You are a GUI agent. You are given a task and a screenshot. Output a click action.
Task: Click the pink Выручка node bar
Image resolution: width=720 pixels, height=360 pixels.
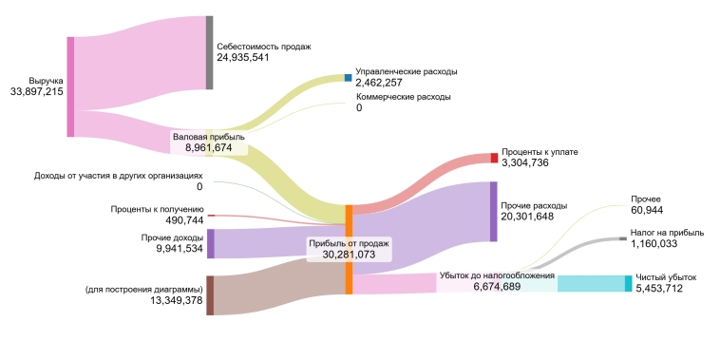point(70,86)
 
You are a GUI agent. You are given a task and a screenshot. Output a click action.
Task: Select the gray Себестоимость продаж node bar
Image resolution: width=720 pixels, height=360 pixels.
point(209,52)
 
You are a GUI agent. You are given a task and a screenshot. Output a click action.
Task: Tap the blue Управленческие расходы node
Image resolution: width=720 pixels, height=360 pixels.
point(348,78)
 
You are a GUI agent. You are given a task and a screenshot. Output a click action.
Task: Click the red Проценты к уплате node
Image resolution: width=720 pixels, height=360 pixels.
point(494,158)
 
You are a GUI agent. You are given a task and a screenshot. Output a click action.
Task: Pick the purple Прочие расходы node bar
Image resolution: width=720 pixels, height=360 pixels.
point(493,211)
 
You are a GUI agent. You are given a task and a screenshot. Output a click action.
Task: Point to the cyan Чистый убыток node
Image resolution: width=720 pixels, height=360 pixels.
point(628,283)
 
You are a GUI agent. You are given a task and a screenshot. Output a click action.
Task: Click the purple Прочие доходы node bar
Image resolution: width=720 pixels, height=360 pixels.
point(211,243)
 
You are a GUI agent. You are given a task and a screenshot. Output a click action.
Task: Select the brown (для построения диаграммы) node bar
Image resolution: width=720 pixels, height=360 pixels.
point(210,294)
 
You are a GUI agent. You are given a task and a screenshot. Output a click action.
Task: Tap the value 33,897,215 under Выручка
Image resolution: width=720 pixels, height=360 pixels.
point(36,92)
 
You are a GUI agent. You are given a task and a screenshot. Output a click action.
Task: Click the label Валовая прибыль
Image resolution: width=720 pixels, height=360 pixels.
point(208,137)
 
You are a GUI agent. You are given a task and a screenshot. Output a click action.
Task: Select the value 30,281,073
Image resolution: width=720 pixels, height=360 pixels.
point(349,255)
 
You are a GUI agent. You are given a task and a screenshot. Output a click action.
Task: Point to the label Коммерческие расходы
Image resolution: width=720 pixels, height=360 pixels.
point(403,97)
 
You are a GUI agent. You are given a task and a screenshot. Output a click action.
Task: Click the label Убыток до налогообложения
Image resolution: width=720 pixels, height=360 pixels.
point(497,275)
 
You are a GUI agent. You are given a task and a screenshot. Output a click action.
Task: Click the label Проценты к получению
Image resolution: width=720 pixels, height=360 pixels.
point(158,208)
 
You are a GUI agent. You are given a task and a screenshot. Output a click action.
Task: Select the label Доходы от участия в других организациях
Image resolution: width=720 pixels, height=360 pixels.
point(119,176)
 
